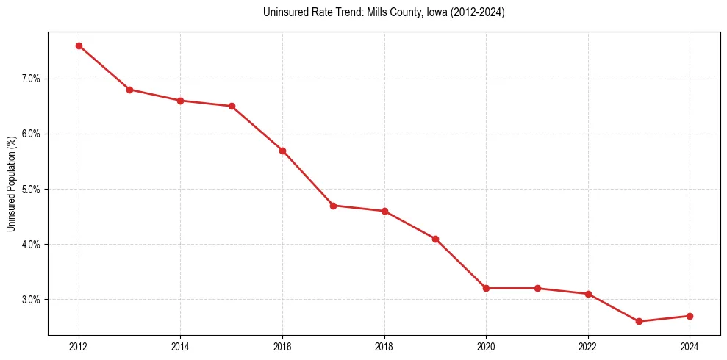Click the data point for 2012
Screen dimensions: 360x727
click(x=79, y=46)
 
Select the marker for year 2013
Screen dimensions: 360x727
click(x=129, y=90)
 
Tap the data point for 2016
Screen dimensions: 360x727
click(x=282, y=151)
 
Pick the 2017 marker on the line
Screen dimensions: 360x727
click(x=333, y=206)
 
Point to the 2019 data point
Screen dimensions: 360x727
click(x=435, y=239)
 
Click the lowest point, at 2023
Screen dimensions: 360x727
click(x=639, y=321)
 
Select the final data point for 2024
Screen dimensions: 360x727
click(x=690, y=316)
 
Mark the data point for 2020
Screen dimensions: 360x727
click(x=486, y=288)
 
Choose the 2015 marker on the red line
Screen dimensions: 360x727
click(x=232, y=106)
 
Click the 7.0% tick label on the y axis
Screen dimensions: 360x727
click(x=31, y=79)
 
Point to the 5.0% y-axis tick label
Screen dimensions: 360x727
click(x=31, y=189)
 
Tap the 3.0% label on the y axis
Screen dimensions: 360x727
click(x=31, y=300)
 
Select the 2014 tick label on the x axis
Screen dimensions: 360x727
click(x=180, y=346)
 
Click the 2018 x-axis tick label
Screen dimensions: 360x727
click(x=384, y=346)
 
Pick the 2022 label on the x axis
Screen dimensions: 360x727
click(x=588, y=346)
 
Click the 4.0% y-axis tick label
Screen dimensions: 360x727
click(x=31, y=244)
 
